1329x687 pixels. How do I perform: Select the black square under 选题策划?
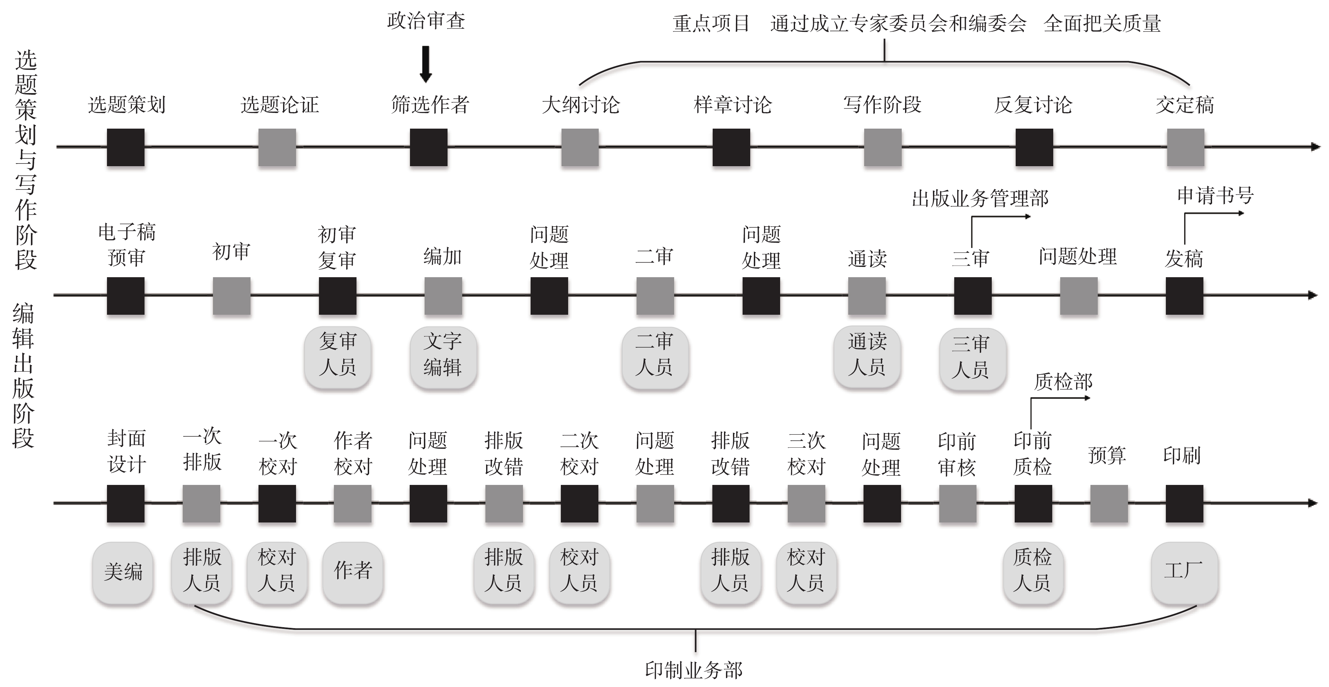[x=125, y=148]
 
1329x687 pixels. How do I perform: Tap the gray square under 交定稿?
[x=1185, y=148]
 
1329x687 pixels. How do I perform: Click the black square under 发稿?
[x=1184, y=296]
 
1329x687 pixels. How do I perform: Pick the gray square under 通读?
[x=867, y=296]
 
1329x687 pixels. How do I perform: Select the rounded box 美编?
[x=123, y=572]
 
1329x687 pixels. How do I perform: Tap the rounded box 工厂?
[x=1184, y=572]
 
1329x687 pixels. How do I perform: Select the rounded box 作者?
[x=353, y=572]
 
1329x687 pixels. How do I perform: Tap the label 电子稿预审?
[x=126, y=245]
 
